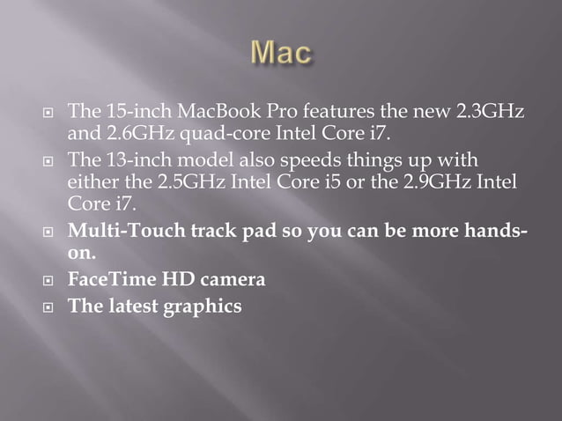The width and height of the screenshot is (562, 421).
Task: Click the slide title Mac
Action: coord(281,54)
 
